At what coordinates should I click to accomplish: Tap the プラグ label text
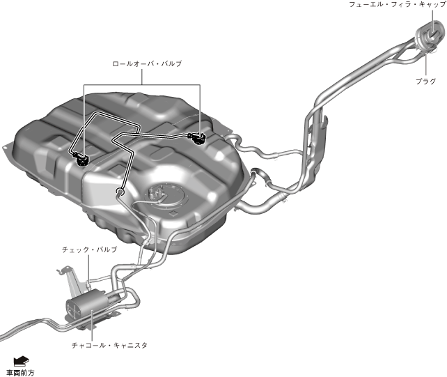(x=425, y=81)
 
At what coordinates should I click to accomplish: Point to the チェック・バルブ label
(x=89, y=249)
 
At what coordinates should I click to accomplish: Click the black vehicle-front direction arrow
(x=22, y=360)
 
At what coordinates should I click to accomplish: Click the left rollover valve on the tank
(x=83, y=159)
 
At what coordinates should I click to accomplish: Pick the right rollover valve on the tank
(x=198, y=138)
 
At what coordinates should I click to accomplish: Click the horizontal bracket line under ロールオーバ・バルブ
(x=142, y=85)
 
